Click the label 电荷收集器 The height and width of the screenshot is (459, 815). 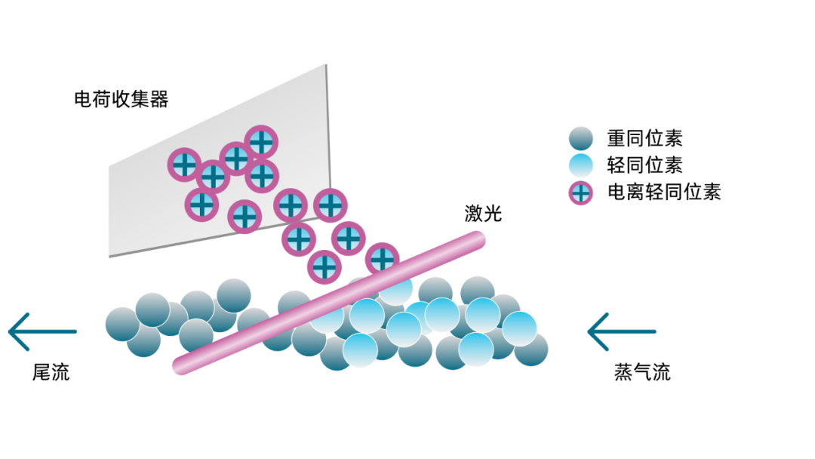(x=121, y=99)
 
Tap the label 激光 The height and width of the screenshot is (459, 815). (x=483, y=214)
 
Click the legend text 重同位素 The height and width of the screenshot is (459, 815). (x=644, y=138)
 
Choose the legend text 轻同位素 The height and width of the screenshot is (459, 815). (x=644, y=165)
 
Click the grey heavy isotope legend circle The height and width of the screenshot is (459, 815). (x=581, y=138)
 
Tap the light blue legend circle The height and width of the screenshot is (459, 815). (x=581, y=165)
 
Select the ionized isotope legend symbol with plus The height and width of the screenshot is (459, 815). (x=581, y=192)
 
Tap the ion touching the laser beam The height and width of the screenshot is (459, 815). (x=383, y=260)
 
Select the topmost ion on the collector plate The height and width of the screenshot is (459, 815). (x=261, y=141)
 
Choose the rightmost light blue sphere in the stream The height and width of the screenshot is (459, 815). (x=519, y=328)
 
